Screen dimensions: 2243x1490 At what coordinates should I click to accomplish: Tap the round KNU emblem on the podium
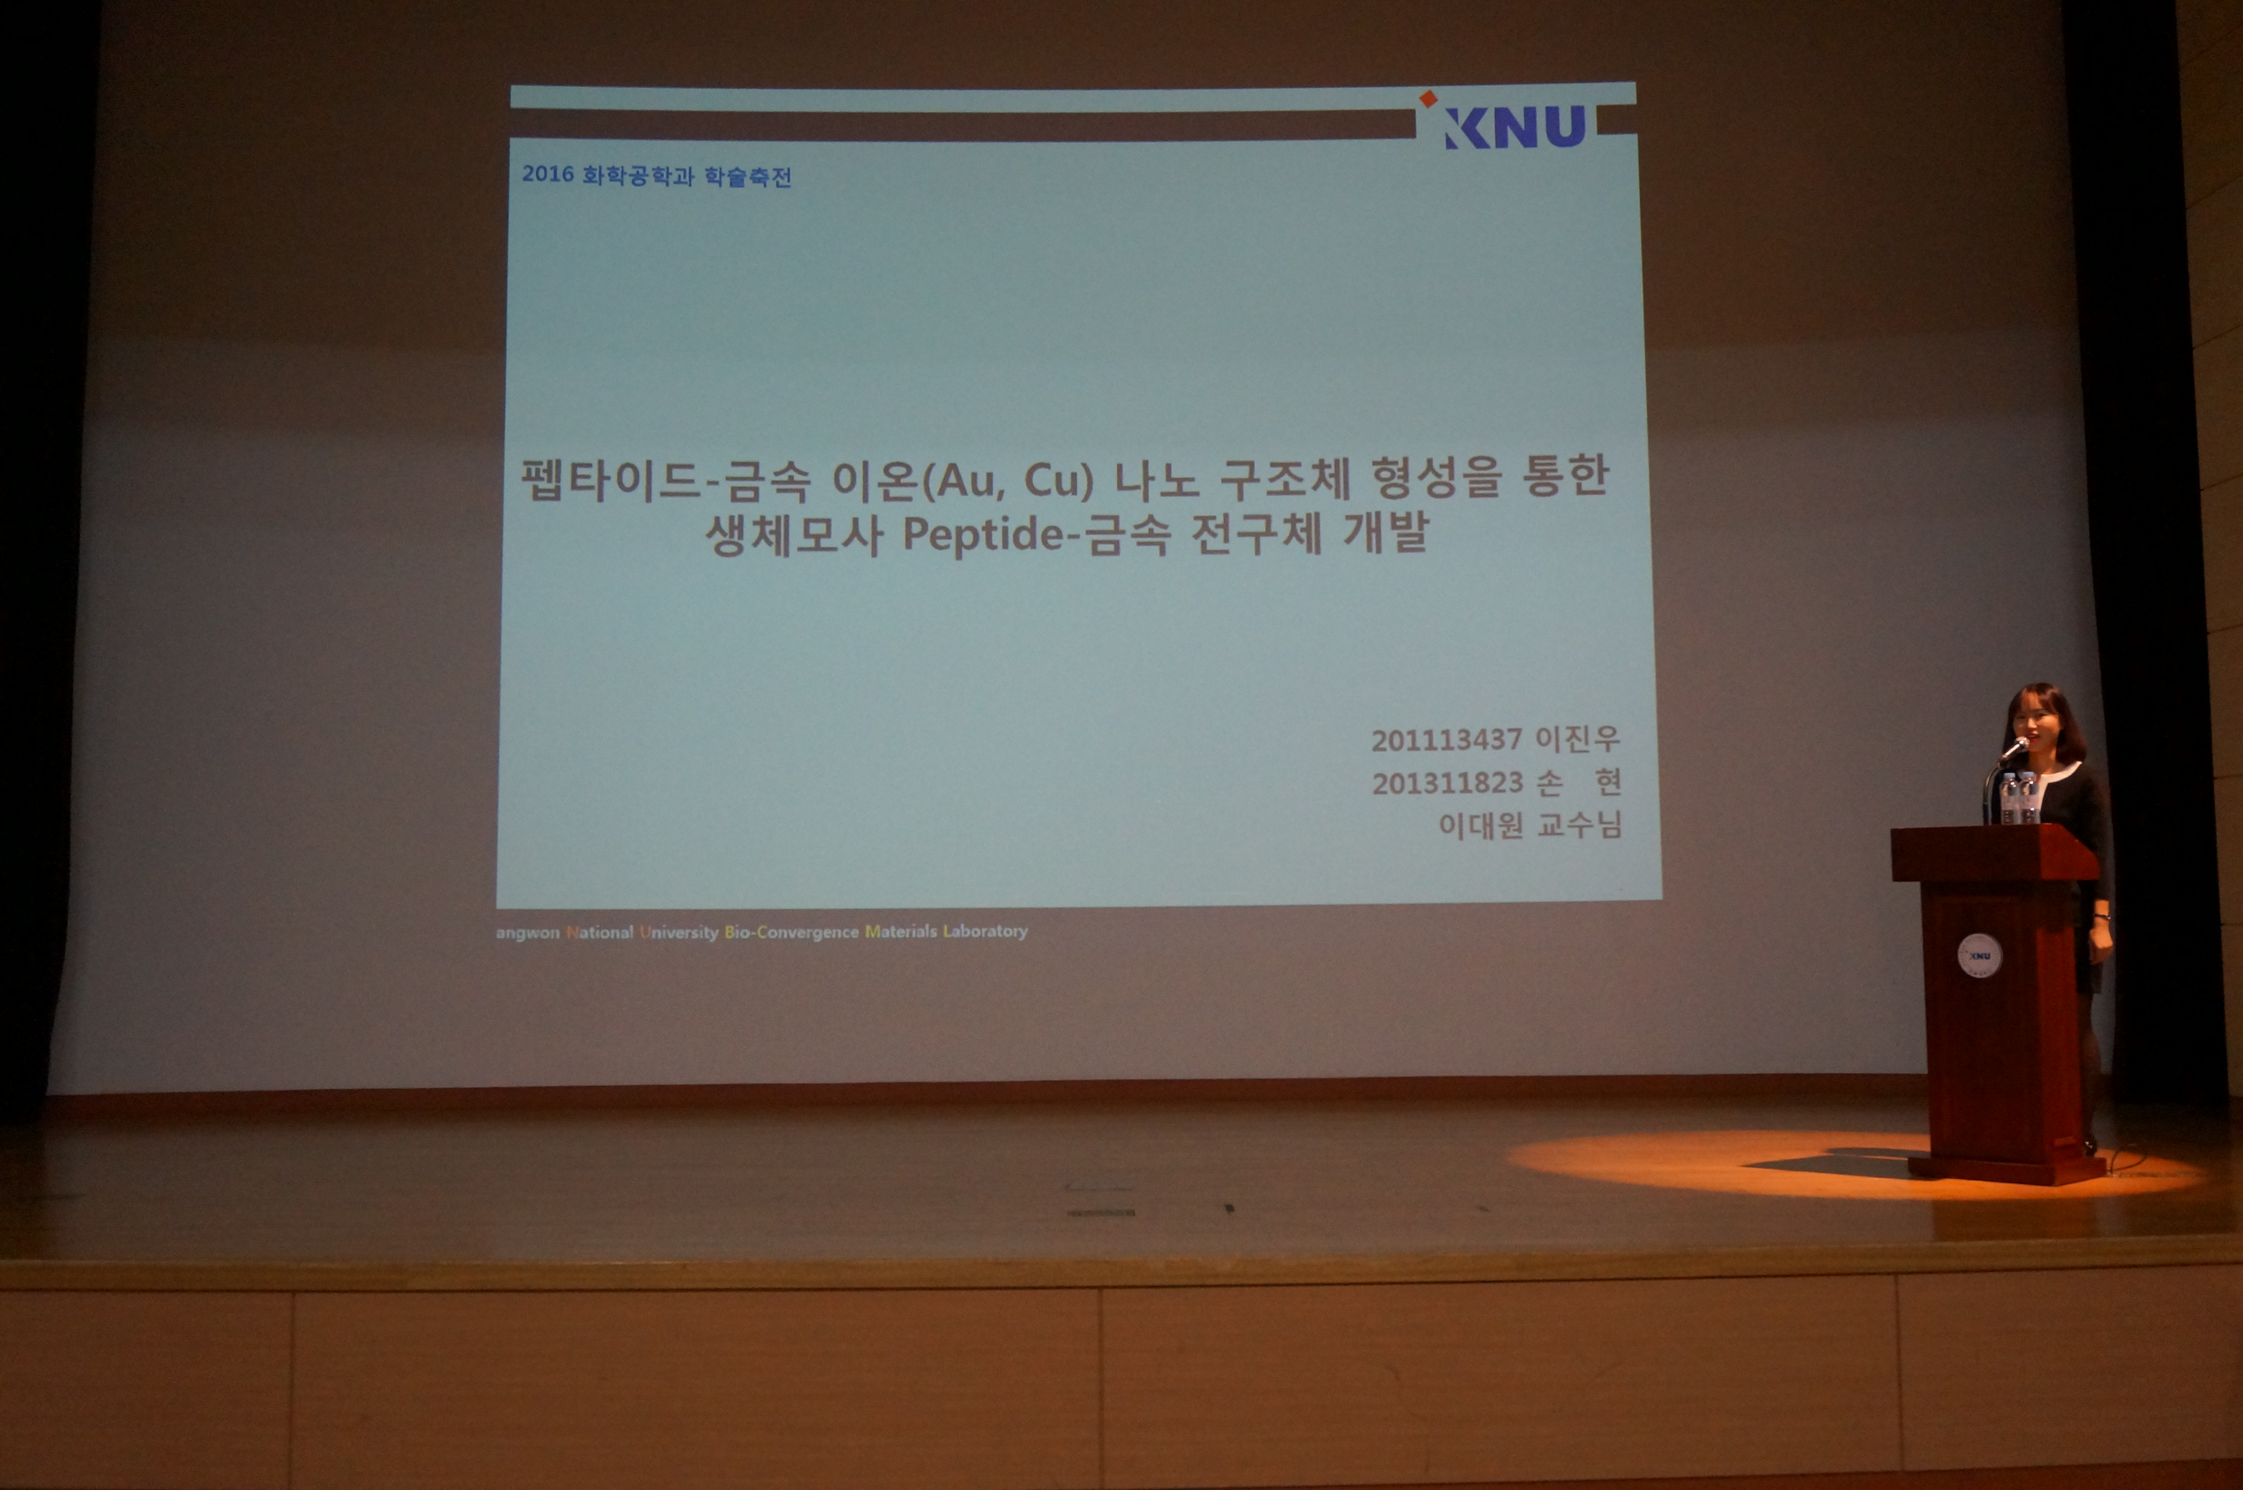tap(1980, 955)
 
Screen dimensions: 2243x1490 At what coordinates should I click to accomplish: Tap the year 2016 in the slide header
tap(548, 174)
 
